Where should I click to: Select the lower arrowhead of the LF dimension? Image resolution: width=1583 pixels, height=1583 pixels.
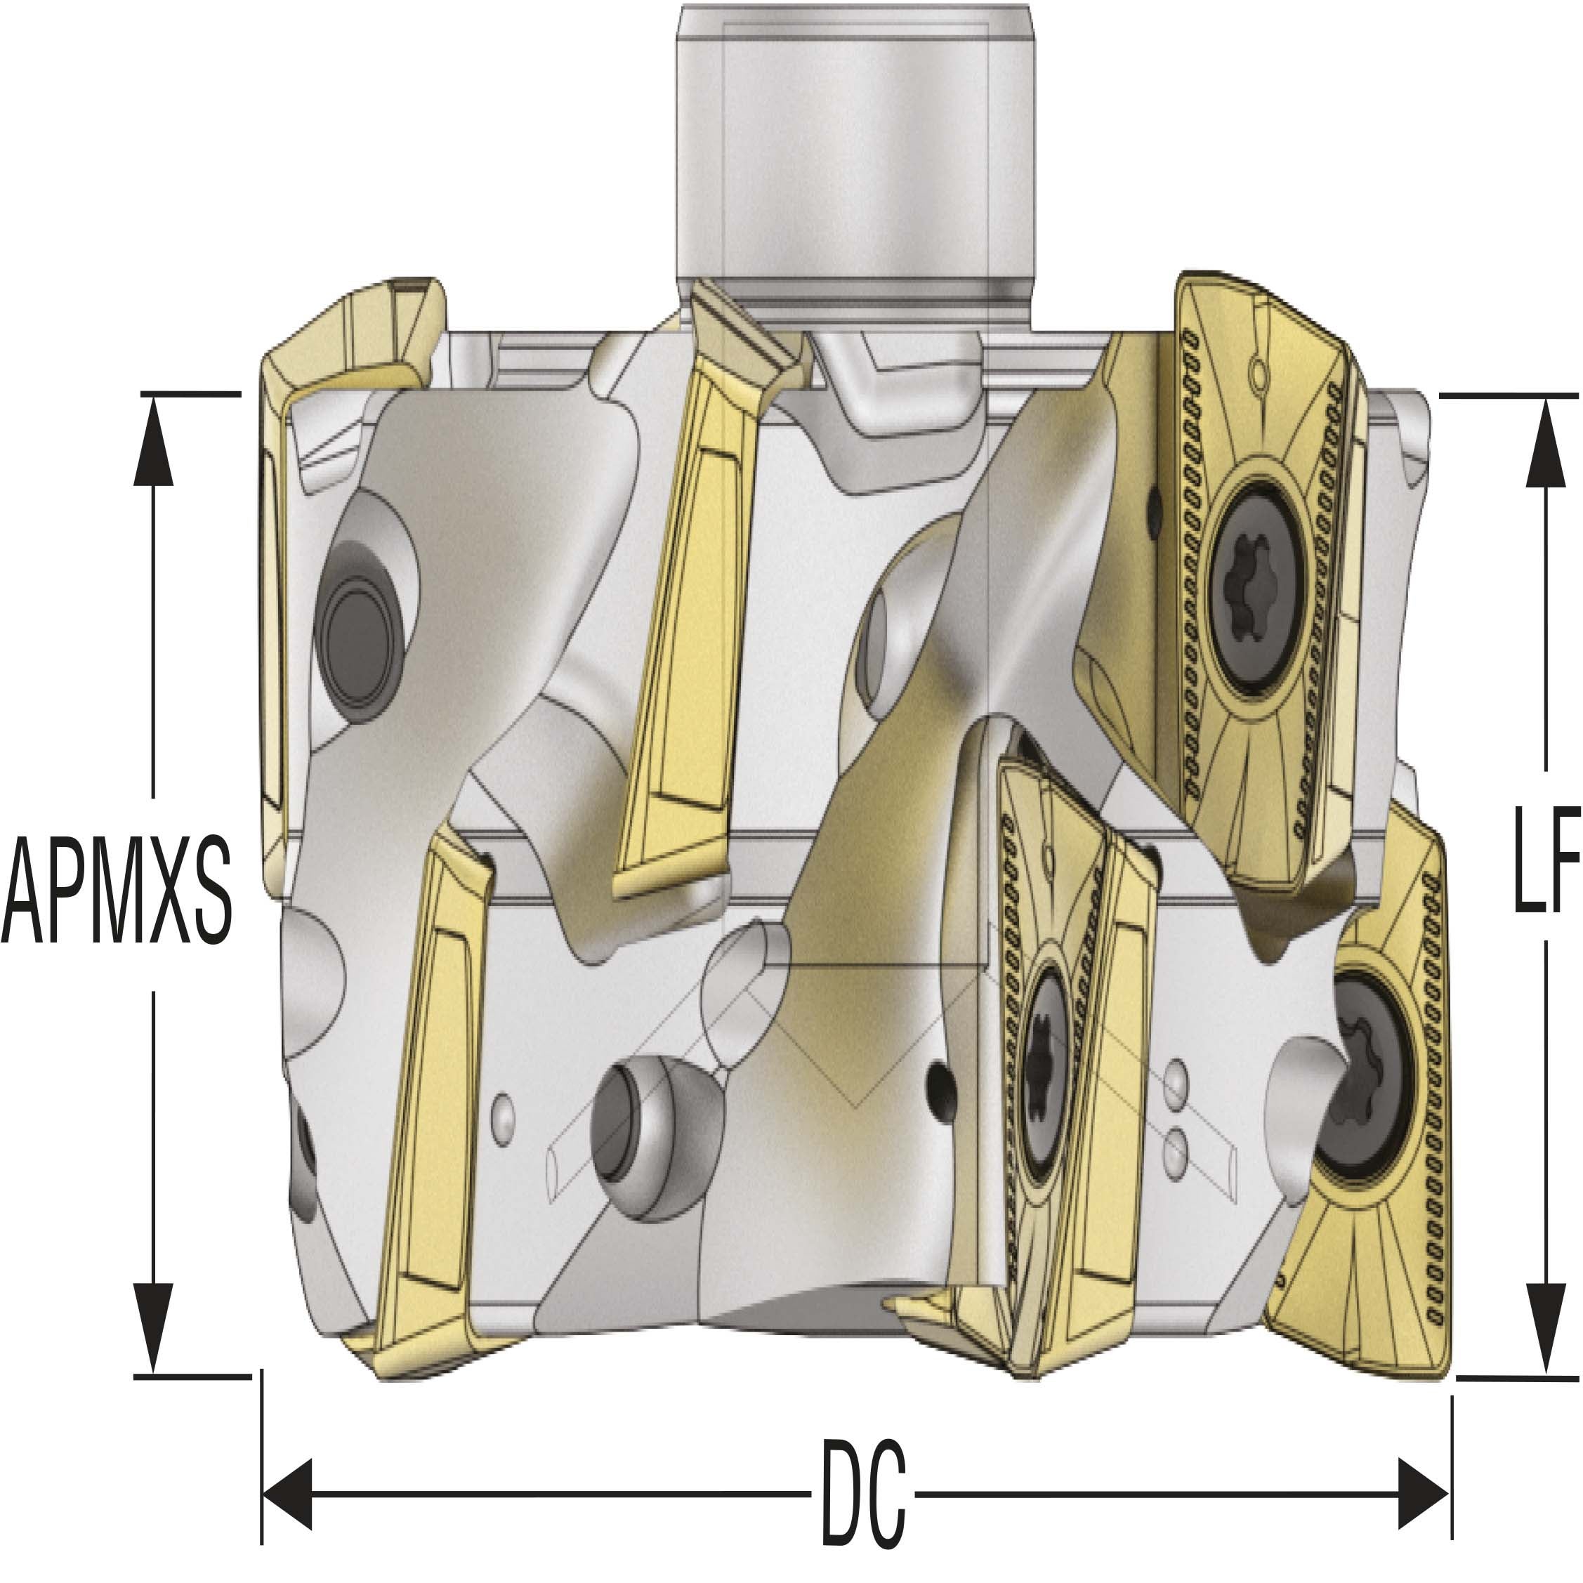pos(1545,1321)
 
